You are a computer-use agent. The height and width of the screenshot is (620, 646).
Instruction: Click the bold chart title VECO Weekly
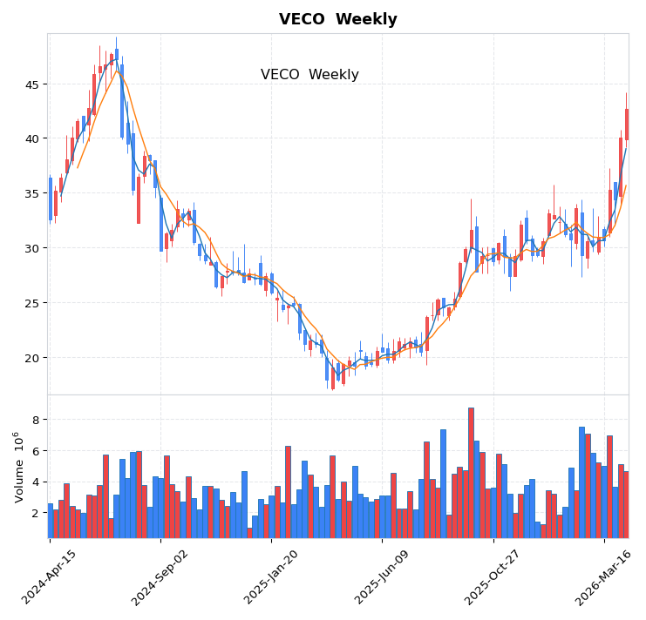click(337, 19)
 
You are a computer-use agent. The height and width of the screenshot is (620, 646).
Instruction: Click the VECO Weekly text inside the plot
click(309, 75)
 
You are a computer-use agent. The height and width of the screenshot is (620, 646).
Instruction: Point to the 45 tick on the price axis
click(31, 84)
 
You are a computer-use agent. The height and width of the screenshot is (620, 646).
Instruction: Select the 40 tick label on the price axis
click(31, 138)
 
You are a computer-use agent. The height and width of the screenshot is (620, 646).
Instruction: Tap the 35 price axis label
click(31, 193)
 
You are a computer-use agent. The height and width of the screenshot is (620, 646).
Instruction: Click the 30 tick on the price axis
click(31, 248)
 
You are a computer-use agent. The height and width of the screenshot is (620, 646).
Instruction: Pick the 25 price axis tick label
click(31, 303)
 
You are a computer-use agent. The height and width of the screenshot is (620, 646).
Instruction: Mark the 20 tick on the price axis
click(31, 358)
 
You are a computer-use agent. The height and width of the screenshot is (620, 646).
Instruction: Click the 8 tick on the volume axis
click(36, 420)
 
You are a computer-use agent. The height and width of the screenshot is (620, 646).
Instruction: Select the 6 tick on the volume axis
click(36, 451)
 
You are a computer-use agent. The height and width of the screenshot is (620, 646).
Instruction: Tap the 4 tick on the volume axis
click(36, 482)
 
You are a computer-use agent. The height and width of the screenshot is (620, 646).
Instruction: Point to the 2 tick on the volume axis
click(36, 513)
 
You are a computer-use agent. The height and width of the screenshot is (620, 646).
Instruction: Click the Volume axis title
click(17, 467)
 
